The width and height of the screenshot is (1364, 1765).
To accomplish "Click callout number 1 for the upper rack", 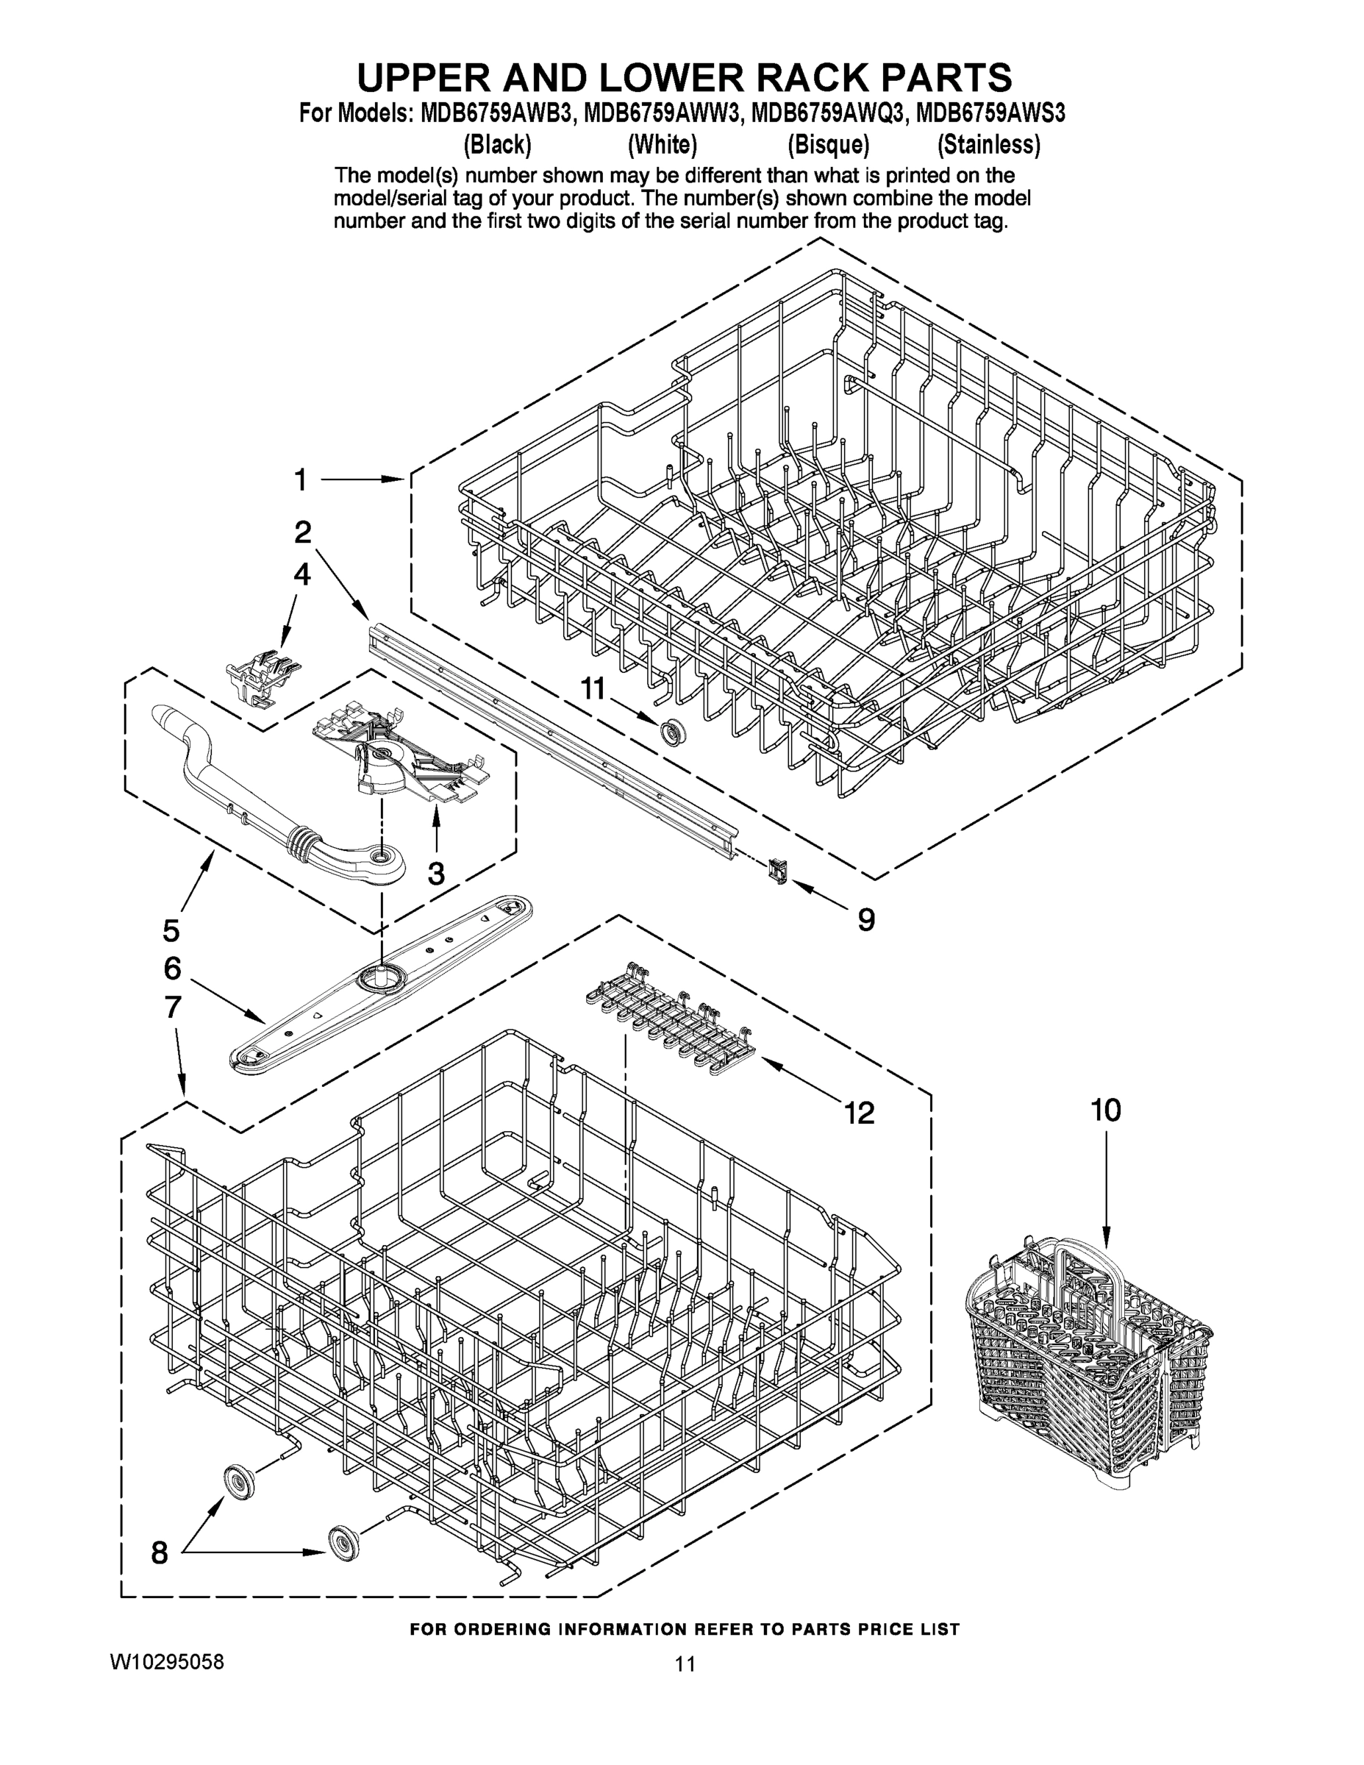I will [301, 480].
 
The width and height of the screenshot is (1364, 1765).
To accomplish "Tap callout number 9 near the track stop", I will [865, 920].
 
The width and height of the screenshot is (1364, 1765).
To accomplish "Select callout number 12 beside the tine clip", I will [859, 1113].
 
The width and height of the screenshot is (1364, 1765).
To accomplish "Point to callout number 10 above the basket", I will [1105, 1110].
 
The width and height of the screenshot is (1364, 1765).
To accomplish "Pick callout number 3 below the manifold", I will [435, 873].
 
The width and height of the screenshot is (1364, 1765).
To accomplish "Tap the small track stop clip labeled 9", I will [777, 871].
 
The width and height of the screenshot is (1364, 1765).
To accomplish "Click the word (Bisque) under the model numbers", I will [827, 145].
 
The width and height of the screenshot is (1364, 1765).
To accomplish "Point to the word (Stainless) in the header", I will [988, 145].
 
